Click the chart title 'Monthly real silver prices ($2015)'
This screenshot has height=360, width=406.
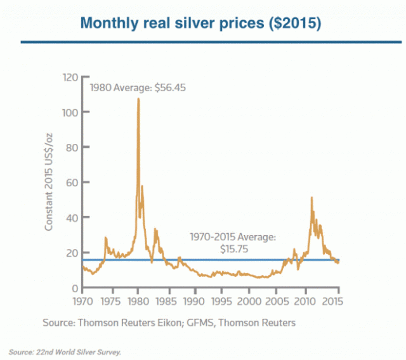pos(201,23)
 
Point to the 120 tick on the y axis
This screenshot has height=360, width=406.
pos(70,77)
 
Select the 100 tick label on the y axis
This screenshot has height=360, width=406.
pos(70,112)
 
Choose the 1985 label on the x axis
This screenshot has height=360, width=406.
pos(167,301)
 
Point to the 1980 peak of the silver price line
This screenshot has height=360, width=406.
pos(138,99)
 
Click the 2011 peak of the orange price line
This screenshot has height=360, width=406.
pos(311,198)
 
